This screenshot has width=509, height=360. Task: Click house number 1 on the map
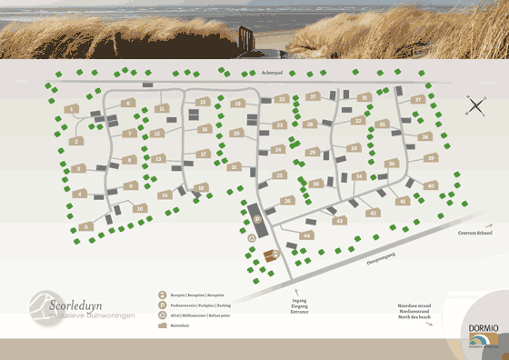(x=72, y=109)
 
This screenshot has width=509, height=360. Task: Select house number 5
(x=86, y=225)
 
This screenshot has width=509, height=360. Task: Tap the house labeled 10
(x=139, y=208)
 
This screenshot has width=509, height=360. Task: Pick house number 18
(x=237, y=104)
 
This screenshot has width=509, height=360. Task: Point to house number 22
(x=283, y=98)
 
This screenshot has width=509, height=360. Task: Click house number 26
(x=288, y=200)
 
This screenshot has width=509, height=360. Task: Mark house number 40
(x=431, y=185)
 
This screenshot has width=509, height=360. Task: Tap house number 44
(x=307, y=235)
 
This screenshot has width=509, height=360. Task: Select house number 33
(x=354, y=147)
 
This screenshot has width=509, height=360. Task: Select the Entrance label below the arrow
(x=300, y=312)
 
